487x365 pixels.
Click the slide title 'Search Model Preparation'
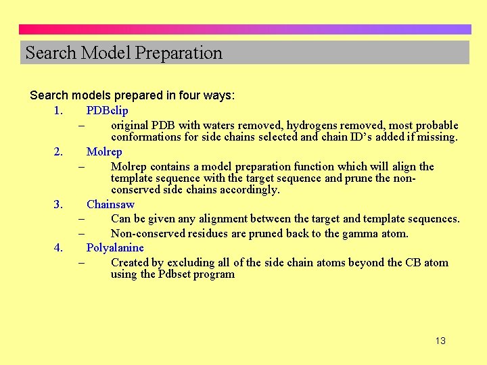point(124,53)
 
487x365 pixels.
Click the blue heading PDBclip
point(107,110)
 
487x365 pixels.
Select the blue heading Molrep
point(104,151)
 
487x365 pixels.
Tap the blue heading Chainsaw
point(110,204)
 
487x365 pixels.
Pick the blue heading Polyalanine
point(115,247)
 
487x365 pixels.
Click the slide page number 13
point(440,341)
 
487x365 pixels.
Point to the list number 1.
point(58,110)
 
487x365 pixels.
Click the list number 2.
point(58,151)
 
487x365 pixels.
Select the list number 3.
point(58,204)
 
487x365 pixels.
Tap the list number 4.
point(58,247)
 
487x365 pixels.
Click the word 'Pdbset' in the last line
point(177,274)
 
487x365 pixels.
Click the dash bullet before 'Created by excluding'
point(81,262)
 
